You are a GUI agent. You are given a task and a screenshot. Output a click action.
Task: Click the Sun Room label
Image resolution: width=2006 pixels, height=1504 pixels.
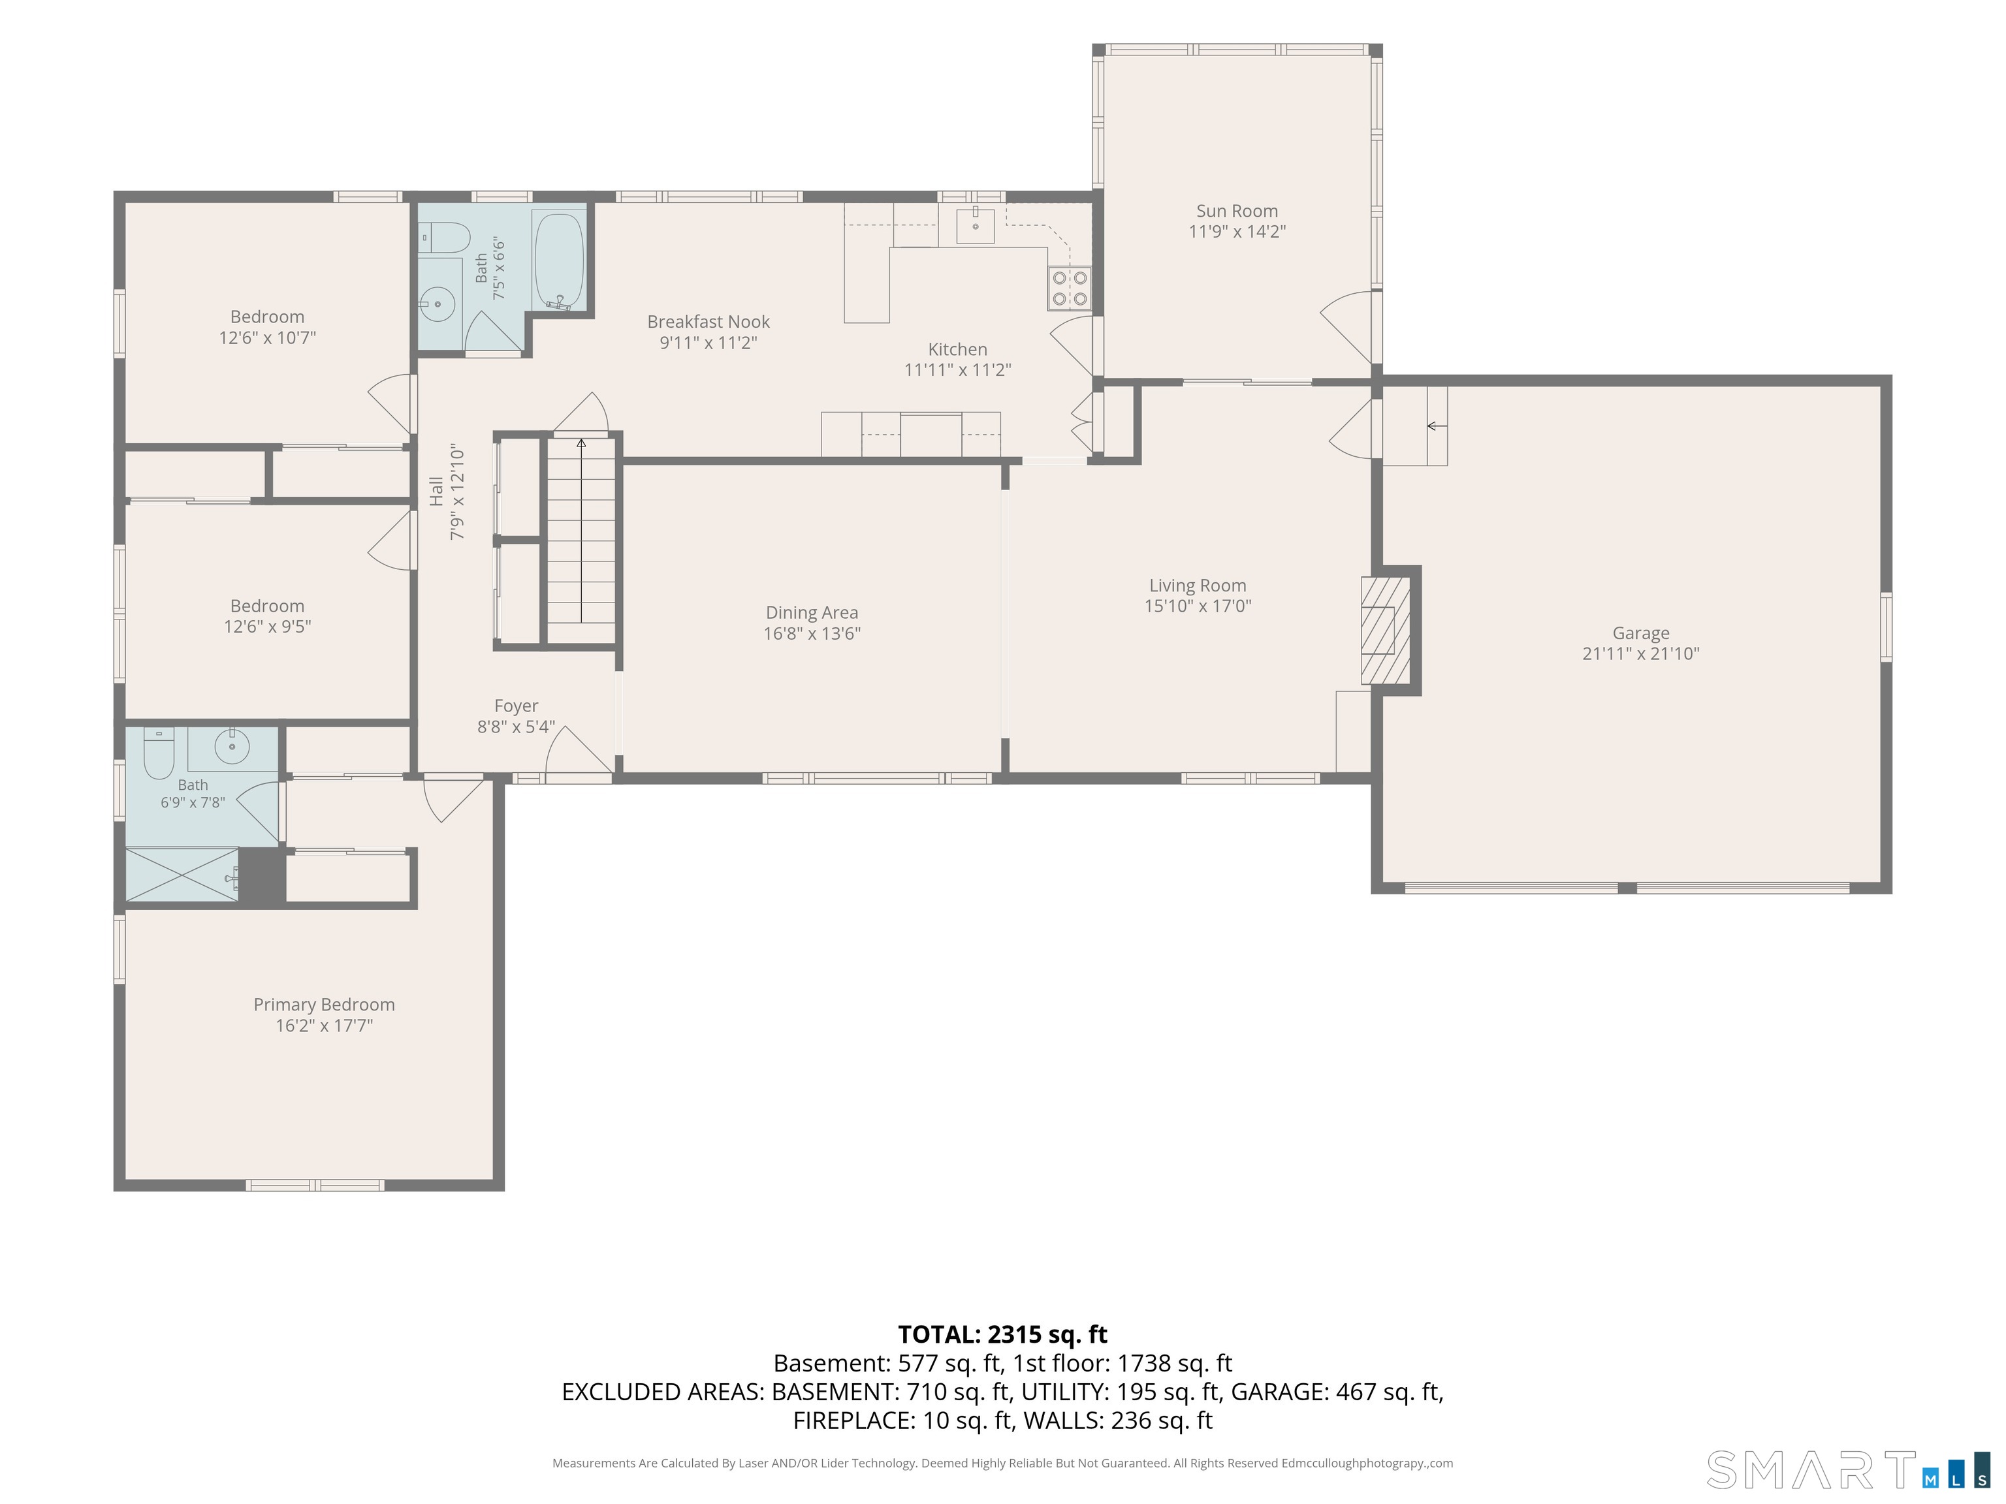tap(1237, 211)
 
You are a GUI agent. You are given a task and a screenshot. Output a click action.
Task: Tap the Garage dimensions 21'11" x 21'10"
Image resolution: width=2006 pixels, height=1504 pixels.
tap(1640, 653)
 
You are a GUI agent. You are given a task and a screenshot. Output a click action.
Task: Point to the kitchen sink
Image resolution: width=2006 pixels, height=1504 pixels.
tap(976, 224)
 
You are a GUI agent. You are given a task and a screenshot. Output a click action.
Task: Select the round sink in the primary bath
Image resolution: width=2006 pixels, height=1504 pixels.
tap(232, 746)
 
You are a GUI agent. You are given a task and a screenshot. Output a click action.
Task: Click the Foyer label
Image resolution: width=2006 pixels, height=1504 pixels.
tap(516, 705)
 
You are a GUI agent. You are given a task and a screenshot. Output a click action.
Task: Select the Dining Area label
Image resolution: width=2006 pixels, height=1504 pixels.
tap(812, 613)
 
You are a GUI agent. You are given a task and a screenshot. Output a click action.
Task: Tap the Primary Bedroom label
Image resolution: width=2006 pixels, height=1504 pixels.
tap(324, 1005)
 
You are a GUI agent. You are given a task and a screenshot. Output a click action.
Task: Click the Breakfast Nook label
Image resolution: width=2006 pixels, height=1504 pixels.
tap(708, 322)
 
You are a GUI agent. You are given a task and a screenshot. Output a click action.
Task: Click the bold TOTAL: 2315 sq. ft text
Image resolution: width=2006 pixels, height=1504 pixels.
tap(1002, 1334)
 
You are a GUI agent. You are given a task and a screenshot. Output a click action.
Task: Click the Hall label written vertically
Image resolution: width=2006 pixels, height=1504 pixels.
tap(436, 492)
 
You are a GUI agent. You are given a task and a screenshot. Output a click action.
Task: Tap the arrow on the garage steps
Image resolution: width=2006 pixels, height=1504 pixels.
tap(1437, 426)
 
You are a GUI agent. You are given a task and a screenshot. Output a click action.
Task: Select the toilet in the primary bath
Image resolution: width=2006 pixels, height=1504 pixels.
tap(159, 753)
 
